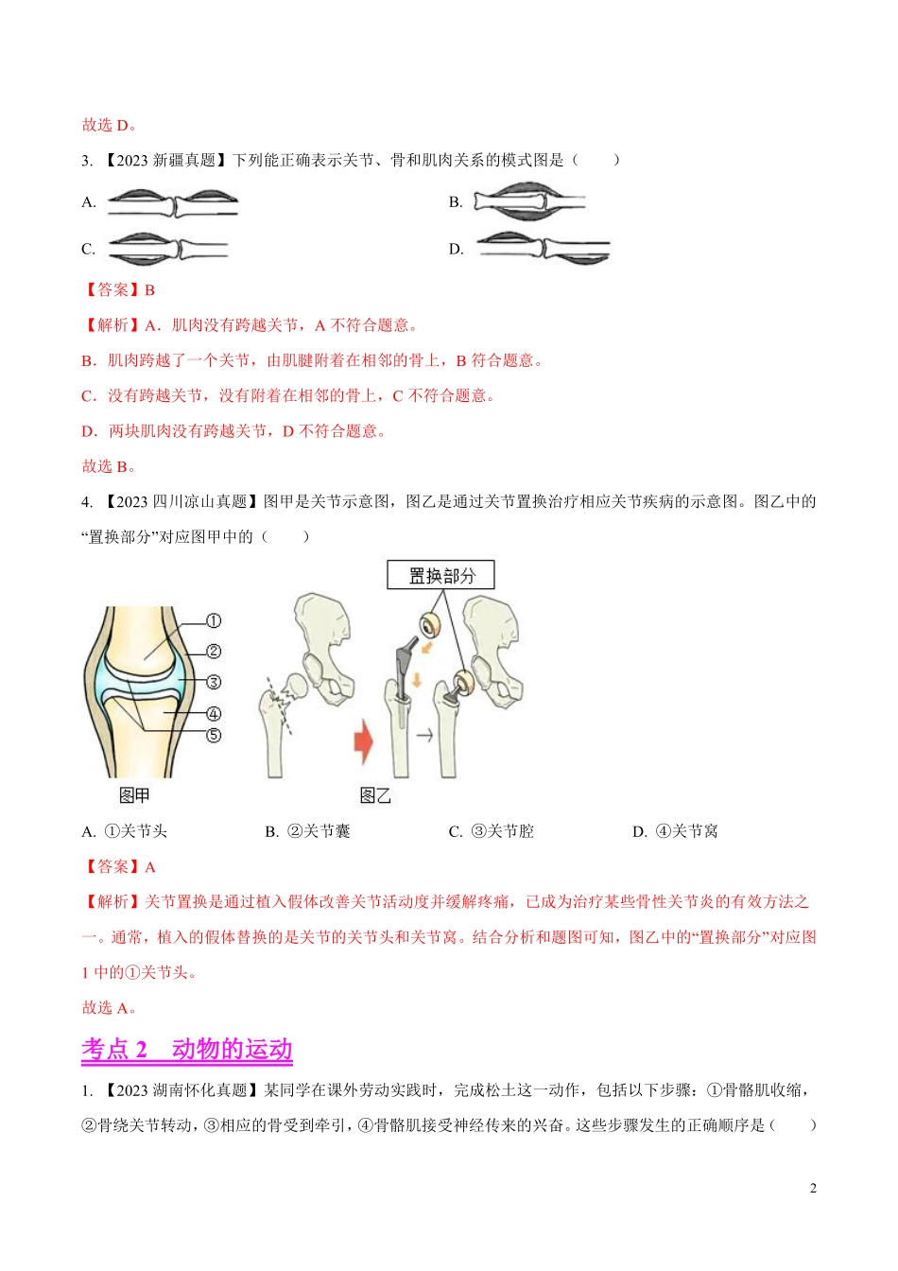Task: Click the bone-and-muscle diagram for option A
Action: tap(173, 203)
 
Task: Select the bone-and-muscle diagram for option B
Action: tap(529, 201)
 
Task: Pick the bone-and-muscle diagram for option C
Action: tap(168, 250)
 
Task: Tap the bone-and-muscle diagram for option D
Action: tap(544, 248)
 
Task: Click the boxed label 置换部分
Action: tap(440, 575)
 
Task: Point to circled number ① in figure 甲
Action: tap(214, 620)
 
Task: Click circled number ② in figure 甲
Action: tap(214, 652)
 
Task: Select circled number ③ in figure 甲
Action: tap(214, 682)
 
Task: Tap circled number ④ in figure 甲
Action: tap(214, 713)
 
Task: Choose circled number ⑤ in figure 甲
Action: tap(214, 736)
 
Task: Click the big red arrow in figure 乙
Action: tap(364, 741)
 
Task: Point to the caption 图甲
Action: tap(134, 795)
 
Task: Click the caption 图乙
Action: tap(375, 795)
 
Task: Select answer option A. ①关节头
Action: tap(124, 831)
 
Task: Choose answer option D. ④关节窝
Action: tap(675, 831)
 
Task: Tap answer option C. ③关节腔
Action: tap(492, 831)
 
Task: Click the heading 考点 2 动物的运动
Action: tap(187, 1049)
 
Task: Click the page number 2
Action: tap(813, 1188)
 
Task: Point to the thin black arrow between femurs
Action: tap(424, 736)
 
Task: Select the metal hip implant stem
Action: tap(403, 681)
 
